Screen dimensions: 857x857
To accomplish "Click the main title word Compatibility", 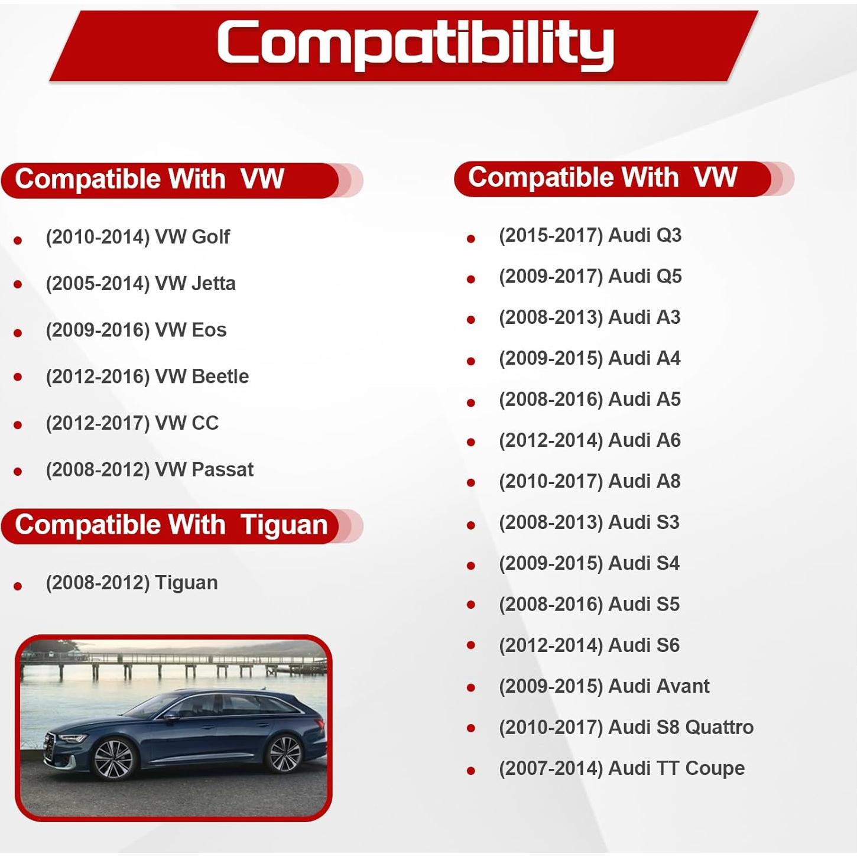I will click(x=415, y=43).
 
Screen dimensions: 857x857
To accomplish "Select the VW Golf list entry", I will click(x=138, y=237).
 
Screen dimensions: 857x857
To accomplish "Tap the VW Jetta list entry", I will click(x=141, y=284).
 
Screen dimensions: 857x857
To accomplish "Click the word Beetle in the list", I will click(x=220, y=376).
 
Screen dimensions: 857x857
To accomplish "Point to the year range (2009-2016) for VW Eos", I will click(x=98, y=330).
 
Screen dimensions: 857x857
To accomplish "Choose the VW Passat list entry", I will click(x=150, y=470).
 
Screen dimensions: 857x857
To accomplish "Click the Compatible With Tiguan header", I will click(x=171, y=525).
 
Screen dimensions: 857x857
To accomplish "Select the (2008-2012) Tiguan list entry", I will click(x=132, y=583).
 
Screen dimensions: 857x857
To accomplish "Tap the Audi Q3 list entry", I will click(x=590, y=235).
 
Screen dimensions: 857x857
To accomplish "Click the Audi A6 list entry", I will click(x=589, y=440).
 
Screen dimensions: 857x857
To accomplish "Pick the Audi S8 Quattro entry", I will click(x=626, y=727).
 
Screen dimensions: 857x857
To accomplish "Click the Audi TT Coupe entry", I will click(x=621, y=768).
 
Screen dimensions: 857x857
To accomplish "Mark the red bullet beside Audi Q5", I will click(x=471, y=279).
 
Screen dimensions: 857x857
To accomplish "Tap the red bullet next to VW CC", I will click(x=18, y=425).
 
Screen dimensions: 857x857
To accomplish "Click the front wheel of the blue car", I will click(x=113, y=758).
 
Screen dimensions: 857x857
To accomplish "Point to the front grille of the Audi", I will click(x=50, y=746).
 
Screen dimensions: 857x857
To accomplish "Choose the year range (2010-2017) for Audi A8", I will click(x=551, y=482).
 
